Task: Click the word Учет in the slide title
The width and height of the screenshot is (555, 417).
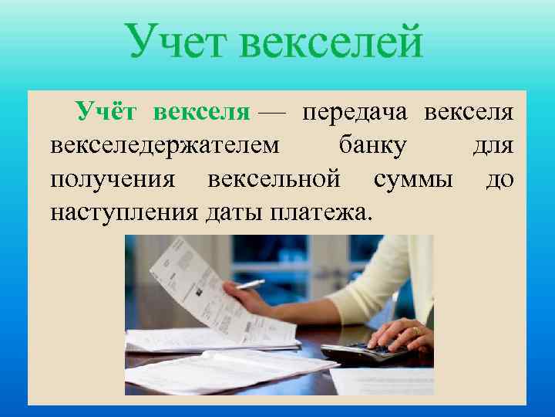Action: point(177,42)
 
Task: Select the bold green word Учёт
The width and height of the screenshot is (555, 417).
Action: point(106,114)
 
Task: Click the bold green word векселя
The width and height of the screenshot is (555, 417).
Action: point(202,114)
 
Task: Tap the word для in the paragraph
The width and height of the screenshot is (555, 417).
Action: point(493,147)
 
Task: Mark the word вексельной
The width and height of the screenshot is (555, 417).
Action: point(274,180)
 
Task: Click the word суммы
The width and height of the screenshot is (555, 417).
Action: point(412,180)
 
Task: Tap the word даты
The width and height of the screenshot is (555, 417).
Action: point(234,212)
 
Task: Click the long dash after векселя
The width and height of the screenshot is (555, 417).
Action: point(271,114)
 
